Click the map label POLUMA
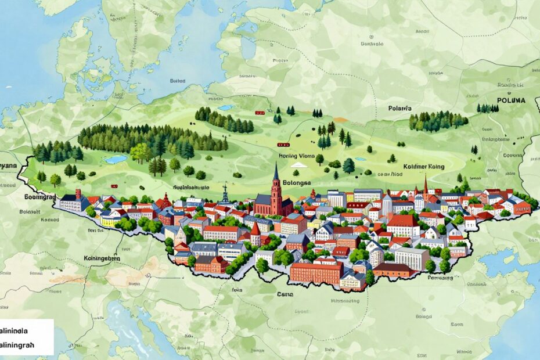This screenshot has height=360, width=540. (x=510, y=100)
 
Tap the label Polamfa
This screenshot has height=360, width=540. (x=400, y=108)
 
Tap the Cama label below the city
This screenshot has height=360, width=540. (x=286, y=294)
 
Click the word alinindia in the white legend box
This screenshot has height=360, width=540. (x=19, y=330)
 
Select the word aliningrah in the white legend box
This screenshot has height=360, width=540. (x=21, y=344)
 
